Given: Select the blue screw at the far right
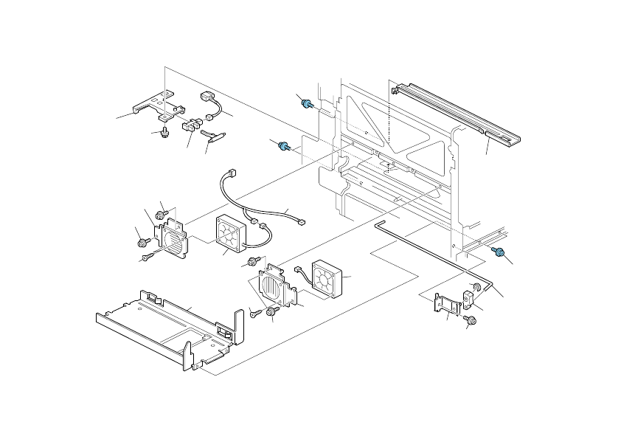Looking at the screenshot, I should (x=499, y=254).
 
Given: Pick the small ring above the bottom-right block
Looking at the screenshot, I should (x=476, y=286).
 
